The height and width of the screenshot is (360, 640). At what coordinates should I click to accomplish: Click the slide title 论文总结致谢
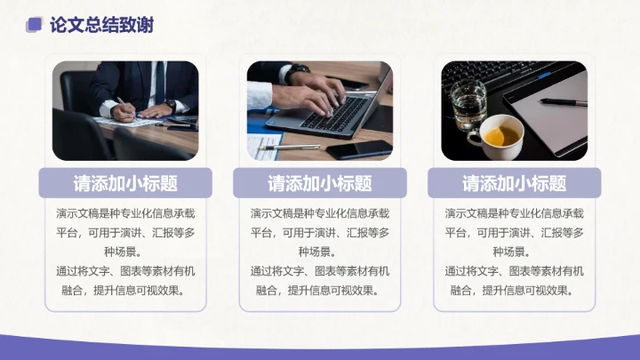101,25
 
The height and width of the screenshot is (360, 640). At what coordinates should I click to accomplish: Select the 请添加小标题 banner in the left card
125,183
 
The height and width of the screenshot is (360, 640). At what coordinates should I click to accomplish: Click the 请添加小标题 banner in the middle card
320,183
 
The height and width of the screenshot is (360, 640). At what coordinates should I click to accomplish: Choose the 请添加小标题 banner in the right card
514,183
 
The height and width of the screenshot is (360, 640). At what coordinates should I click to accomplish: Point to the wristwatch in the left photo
169,106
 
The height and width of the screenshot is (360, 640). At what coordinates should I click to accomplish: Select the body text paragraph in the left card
125,252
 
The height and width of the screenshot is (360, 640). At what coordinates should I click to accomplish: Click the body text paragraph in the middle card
320,252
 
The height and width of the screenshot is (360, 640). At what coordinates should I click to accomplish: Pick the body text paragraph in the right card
514,252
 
